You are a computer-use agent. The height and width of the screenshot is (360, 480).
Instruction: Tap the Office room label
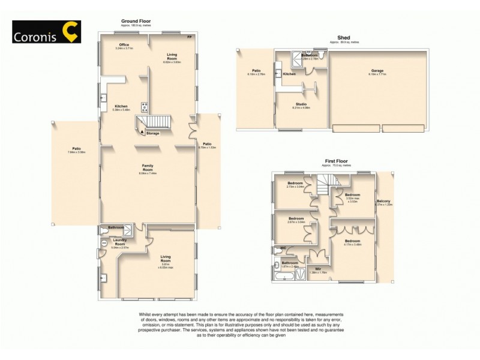coord(124,44)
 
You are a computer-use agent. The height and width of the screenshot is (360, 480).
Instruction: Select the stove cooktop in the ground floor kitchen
coord(144,107)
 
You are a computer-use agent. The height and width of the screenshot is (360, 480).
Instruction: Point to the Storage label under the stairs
coord(152,133)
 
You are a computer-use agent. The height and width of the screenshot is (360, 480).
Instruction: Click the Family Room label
coord(148,166)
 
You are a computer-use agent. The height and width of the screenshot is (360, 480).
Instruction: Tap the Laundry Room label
coord(120,241)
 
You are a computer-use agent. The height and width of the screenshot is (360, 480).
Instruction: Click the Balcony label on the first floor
coord(383,201)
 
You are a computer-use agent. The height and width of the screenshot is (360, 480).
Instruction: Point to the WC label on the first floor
coord(282,248)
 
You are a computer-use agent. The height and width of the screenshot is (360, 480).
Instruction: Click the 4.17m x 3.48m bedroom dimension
coord(353,244)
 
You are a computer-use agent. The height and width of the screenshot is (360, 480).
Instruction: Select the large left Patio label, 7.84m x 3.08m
coord(76,150)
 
